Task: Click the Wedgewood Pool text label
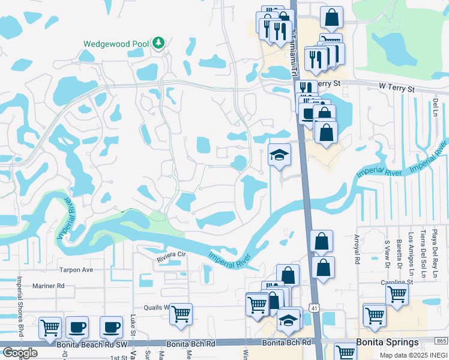click(116, 44)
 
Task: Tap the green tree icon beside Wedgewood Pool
click(158, 43)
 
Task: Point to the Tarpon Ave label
click(76, 270)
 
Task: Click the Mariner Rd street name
click(49, 286)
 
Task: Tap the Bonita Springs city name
click(387, 343)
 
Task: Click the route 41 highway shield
click(314, 308)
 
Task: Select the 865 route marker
click(441, 341)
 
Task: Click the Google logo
click(19, 352)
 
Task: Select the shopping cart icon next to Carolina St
click(397, 295)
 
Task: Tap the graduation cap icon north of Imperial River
click(279, 155)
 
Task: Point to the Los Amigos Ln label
click(411, 250)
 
